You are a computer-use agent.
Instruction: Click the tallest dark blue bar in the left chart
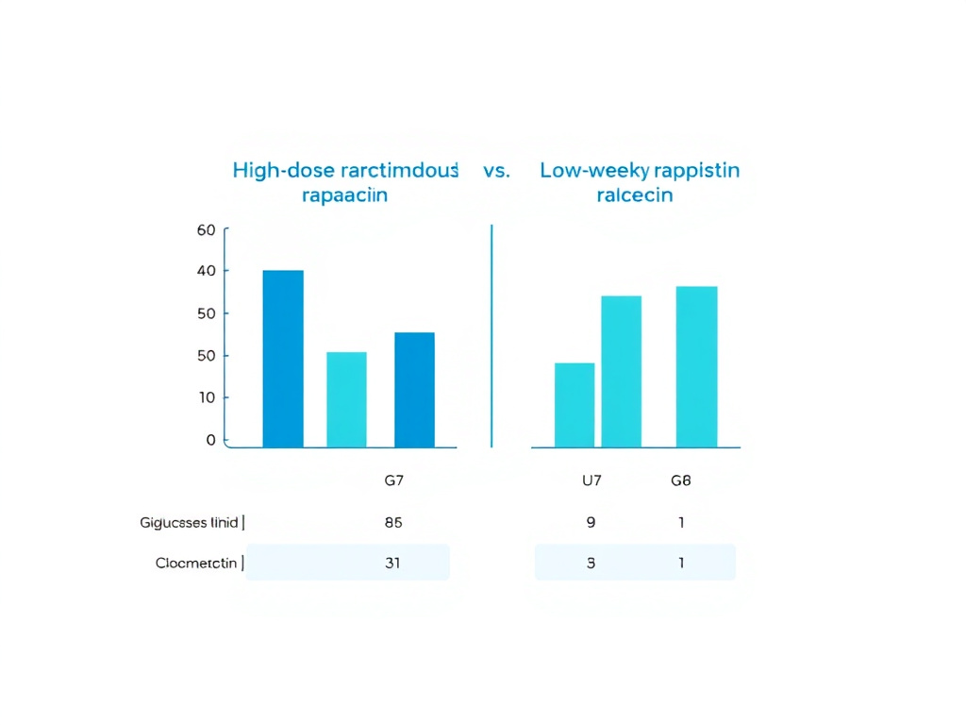pyautogui.click(x=283, y=359)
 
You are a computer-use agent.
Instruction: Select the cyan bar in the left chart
pyautogui.click(x=346, y=399)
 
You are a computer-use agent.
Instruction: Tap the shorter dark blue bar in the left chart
pyautogui.click(x=414, y=390)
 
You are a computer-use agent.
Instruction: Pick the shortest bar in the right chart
pyautogui.click(x=575, y=405)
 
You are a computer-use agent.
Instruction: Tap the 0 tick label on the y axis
pyautogui.click(x=210, y=440)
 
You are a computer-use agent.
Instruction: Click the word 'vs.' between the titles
pyautogui.click(x=496, y=171)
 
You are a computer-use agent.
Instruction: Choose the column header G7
pyautogui.click(x=394, y=481)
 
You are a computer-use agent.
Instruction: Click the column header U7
pyautogui.click(x=591, y=481)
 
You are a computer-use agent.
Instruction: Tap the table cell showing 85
pyautogui.click(x=393, y=522)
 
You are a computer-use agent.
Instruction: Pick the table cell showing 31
pyautogui.click(x=393, y=563)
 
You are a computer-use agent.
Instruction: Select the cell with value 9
pyautogui.click(x=591, y=522)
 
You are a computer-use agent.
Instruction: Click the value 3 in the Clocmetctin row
pyautogui.click(x=591, y=563)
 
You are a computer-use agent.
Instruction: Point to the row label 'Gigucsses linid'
pyautogui.click(x=189, y=522)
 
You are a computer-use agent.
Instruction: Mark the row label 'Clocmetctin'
pyautogui.click(x=196, y=564)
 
